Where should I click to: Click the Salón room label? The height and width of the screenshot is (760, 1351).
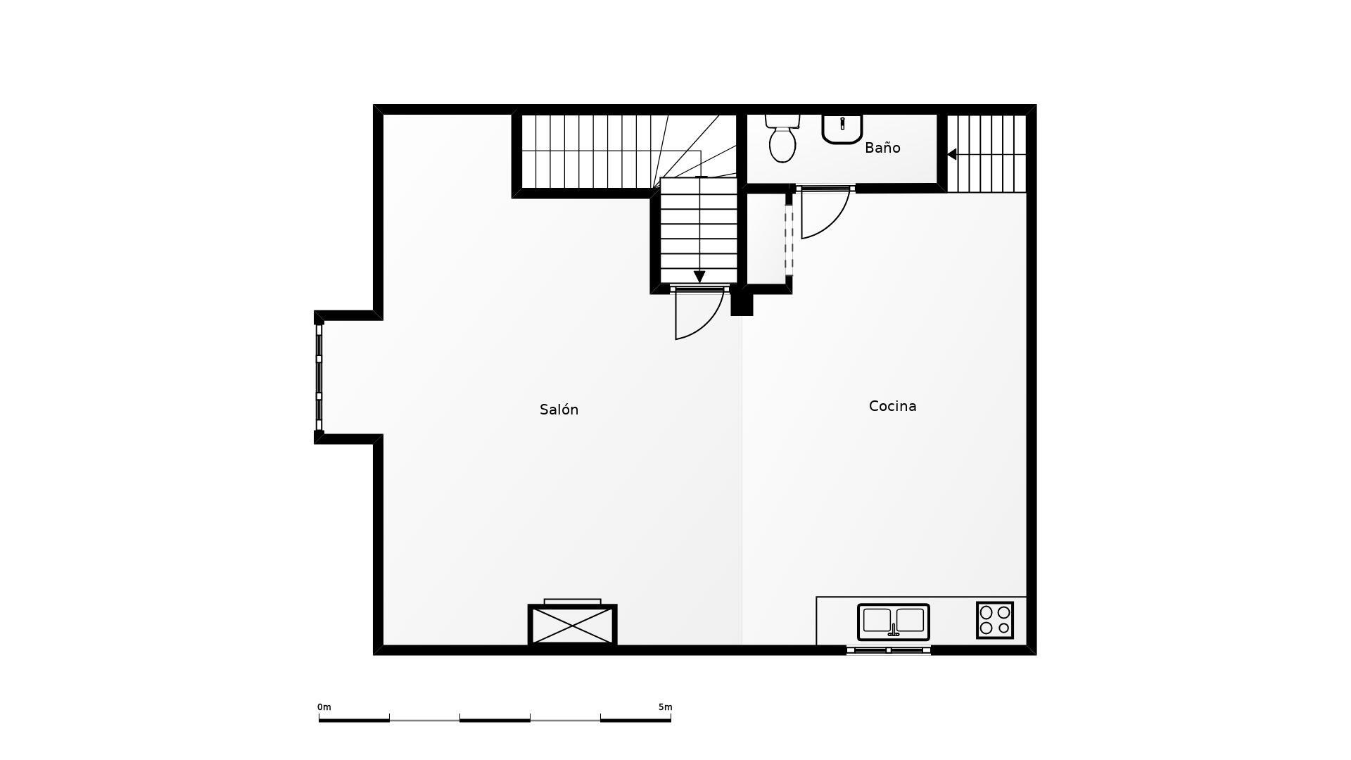[559, 410]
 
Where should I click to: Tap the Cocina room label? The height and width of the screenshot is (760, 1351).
[892, 406]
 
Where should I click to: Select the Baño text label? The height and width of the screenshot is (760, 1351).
[882, 147]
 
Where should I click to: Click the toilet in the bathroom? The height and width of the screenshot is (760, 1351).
[782, 138]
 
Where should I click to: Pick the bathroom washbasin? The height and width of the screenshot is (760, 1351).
[842, 129]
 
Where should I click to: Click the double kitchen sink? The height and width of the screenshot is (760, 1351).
[894, 622]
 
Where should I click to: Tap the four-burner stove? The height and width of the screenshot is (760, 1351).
[995, 620]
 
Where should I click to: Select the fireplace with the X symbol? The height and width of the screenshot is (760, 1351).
[573, 624]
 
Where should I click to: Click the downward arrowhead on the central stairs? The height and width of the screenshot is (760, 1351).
[699, 277]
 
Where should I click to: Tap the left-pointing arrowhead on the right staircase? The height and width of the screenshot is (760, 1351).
[951, 154]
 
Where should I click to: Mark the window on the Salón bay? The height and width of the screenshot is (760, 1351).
[319, 377]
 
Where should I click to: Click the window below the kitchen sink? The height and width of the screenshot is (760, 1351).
[889, 650]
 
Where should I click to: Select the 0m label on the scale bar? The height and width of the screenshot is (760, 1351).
[324, 707]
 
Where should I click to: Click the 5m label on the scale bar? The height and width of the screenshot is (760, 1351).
[665, 707]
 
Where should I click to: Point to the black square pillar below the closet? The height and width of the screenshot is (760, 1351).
[742, 304]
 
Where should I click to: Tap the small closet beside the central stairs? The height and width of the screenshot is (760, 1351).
[766, 239]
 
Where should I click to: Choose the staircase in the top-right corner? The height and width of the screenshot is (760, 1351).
[987, 153]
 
